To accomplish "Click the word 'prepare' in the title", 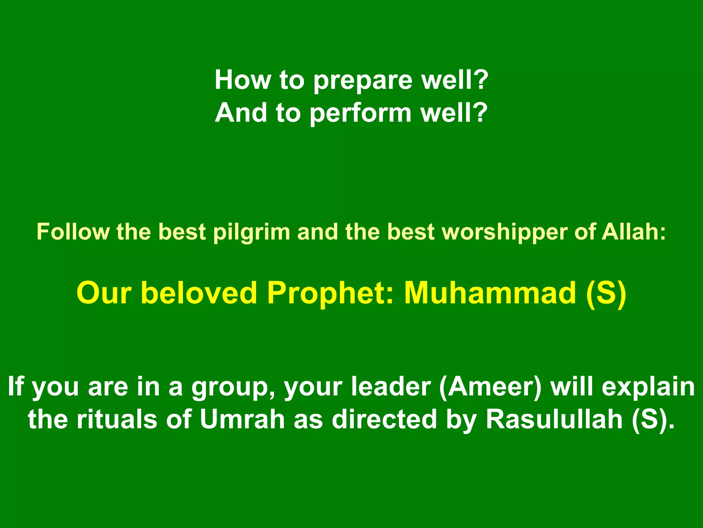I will coord(363,81).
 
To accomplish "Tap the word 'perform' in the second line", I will coord(360,114).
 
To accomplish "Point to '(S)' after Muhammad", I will coord(606,293).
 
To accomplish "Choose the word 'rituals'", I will coord(117,419).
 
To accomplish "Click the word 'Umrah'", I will coord(242,419).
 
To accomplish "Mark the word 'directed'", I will coord(384,419).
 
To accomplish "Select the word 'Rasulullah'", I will coord(554,419).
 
